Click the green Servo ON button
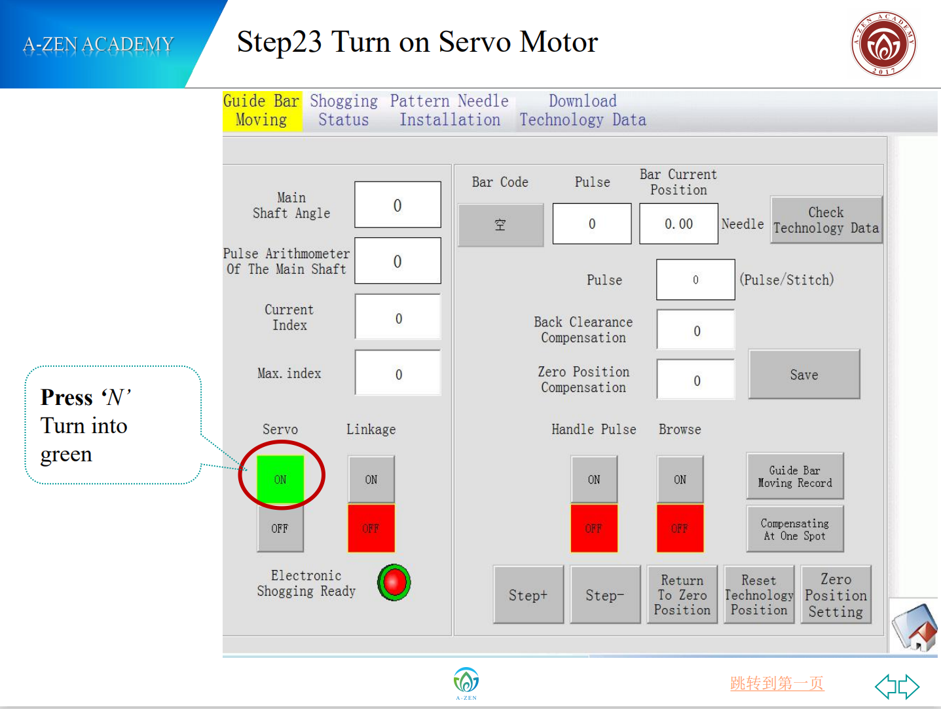point(280,478)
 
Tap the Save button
point(804,374)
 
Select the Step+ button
point(528,594)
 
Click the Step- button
point(605,594)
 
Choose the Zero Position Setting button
point(836,594)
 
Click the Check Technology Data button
point(826,220)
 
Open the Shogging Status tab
point(344,110)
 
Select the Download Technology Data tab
point(583,110)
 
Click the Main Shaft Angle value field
point(397,204)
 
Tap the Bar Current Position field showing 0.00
point(678,223)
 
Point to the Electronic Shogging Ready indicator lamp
point(394,582)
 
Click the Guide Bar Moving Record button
point(795,476)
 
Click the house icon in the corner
point(914,627)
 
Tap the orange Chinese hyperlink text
point(777,683)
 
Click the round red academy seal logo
point(883,44)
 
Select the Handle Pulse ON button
point(594,478)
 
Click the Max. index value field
point(397,373)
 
